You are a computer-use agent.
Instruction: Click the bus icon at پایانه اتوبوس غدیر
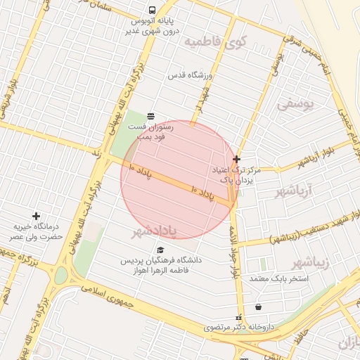pyautogui.click(x=153, y=10)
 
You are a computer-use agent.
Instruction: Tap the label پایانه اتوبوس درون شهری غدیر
pyautogui.click(x=153, y=27)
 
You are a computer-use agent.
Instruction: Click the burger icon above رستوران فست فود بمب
pyautogui.click(x=150, y=115)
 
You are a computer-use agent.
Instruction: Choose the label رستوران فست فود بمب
pyautogui.click(x=147, y=131)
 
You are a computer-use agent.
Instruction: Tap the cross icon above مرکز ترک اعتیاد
pyautogui.click(x=236, y=160)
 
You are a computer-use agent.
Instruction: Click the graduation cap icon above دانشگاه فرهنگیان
pyautogui.click(x=160, y=250)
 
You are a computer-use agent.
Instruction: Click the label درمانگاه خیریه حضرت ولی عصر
pyautogui.click(x=36, y=232)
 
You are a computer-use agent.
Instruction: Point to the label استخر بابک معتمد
pyautogui.click(x=285, y=279)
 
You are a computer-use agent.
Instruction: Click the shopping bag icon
pyautogui.click(x=259, y=307)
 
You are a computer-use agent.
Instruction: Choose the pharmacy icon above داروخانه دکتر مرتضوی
pyautogui.click(x=238, y=317)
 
